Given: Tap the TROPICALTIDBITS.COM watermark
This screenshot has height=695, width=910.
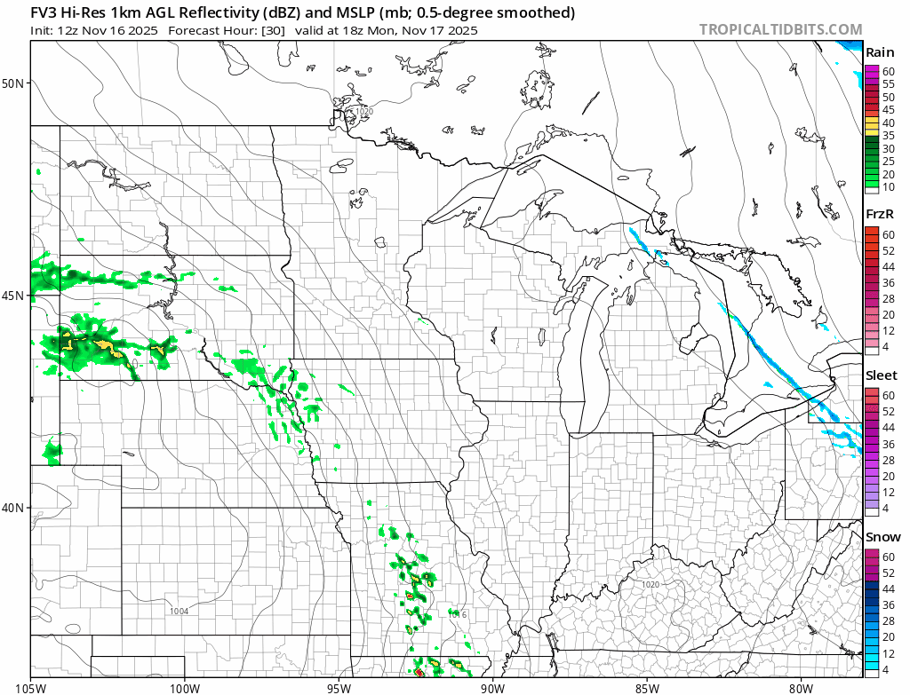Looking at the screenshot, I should point(780,29).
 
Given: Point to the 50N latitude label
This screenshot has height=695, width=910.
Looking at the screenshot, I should point(13,83).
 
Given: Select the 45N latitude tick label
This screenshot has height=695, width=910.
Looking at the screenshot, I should point(13,295).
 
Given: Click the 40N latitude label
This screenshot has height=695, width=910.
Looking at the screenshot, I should point(13,508).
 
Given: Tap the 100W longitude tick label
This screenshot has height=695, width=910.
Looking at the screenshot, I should point(185,686).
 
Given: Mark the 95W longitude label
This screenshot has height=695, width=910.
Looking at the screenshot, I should point(339,686).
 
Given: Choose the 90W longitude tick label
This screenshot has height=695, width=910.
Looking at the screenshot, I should point(491,686).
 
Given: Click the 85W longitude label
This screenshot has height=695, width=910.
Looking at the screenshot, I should point(646,686).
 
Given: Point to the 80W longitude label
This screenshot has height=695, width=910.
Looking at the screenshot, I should point(800,686).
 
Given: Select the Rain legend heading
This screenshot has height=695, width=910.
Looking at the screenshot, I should point(880,52).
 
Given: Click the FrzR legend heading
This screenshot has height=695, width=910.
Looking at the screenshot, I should point(880,214).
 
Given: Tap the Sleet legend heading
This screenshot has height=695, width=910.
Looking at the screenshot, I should point(882,375).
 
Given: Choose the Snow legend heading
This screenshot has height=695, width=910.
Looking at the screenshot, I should point(882,537).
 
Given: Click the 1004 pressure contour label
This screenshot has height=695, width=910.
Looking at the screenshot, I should point(180,611).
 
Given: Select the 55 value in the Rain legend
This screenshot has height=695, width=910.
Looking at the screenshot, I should point(888,83).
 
